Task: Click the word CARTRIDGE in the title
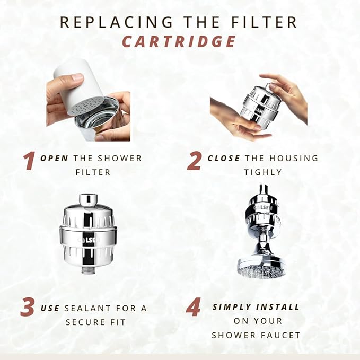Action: [180, 41]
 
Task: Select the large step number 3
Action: [28, 308]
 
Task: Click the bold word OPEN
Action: [56, 158]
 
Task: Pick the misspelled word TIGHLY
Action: [263, 172]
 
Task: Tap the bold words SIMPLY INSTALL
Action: [256, 307]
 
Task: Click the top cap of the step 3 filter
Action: [88, 200]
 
